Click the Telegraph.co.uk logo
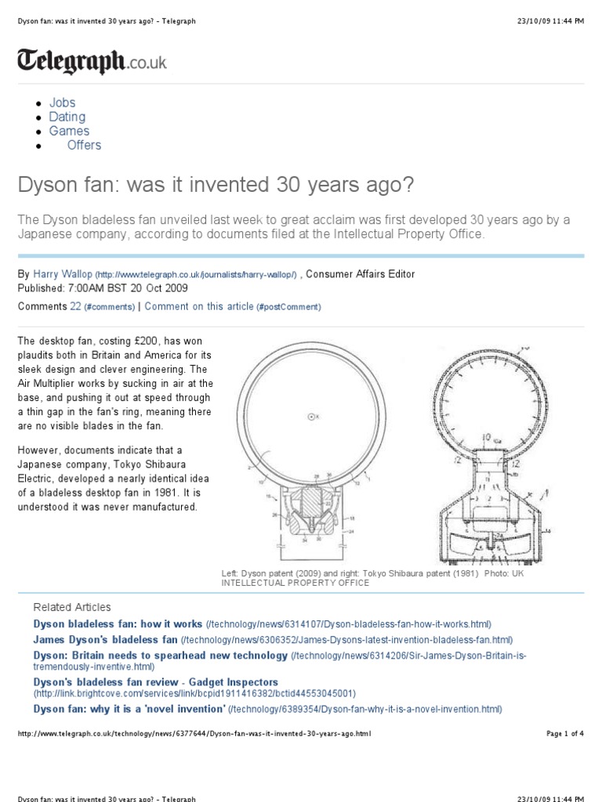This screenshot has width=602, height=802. coord(92,61)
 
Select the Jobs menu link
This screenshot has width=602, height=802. coord(63,103)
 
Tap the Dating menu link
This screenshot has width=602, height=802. coord(67,117)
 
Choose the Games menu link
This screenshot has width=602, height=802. coord(69,131)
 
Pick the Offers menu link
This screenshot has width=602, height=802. coord(84,145)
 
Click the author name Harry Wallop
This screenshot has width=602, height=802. coord(63,274)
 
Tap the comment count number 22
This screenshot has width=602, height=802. coord(76,306)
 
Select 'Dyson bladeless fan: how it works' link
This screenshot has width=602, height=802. coord(118,624)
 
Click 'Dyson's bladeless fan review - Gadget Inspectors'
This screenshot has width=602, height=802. coord(155,683)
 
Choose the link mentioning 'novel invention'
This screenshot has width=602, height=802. coord(129,709)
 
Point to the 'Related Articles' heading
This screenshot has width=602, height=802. coord(72,607)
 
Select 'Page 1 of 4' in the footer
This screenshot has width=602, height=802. coord(564,734)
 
